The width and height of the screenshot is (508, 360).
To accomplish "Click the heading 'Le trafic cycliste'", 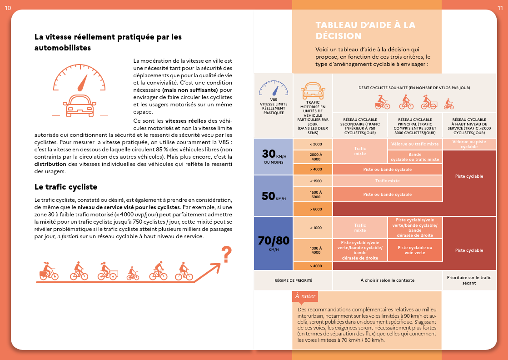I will [66, 187].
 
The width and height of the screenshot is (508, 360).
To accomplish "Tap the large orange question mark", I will [226, 255].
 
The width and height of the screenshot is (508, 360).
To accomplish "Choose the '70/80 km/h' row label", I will [273, 244].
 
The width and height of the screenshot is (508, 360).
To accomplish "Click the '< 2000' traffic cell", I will [315, 144].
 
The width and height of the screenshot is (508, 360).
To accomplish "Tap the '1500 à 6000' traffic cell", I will [315, 194].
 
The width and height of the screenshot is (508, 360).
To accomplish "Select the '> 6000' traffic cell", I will [315, 209].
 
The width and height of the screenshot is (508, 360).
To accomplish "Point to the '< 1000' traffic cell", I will [315, 228].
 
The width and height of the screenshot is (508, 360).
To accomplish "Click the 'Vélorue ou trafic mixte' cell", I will [415, 144].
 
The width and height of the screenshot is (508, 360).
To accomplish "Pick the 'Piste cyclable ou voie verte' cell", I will [415, 250].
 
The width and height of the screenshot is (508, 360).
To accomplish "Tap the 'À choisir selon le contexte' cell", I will [388, 280].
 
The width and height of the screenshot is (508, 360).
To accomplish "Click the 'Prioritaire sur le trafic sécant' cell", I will [469, 280].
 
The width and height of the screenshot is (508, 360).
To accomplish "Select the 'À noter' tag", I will [305, 296].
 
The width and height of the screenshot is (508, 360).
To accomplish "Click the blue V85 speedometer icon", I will [274, 89].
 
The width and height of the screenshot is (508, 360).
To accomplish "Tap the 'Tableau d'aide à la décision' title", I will [365, 30].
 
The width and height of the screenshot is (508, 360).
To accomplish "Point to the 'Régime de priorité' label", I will [294, 280].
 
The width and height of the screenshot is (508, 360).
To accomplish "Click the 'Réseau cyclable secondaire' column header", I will [360, 126].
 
